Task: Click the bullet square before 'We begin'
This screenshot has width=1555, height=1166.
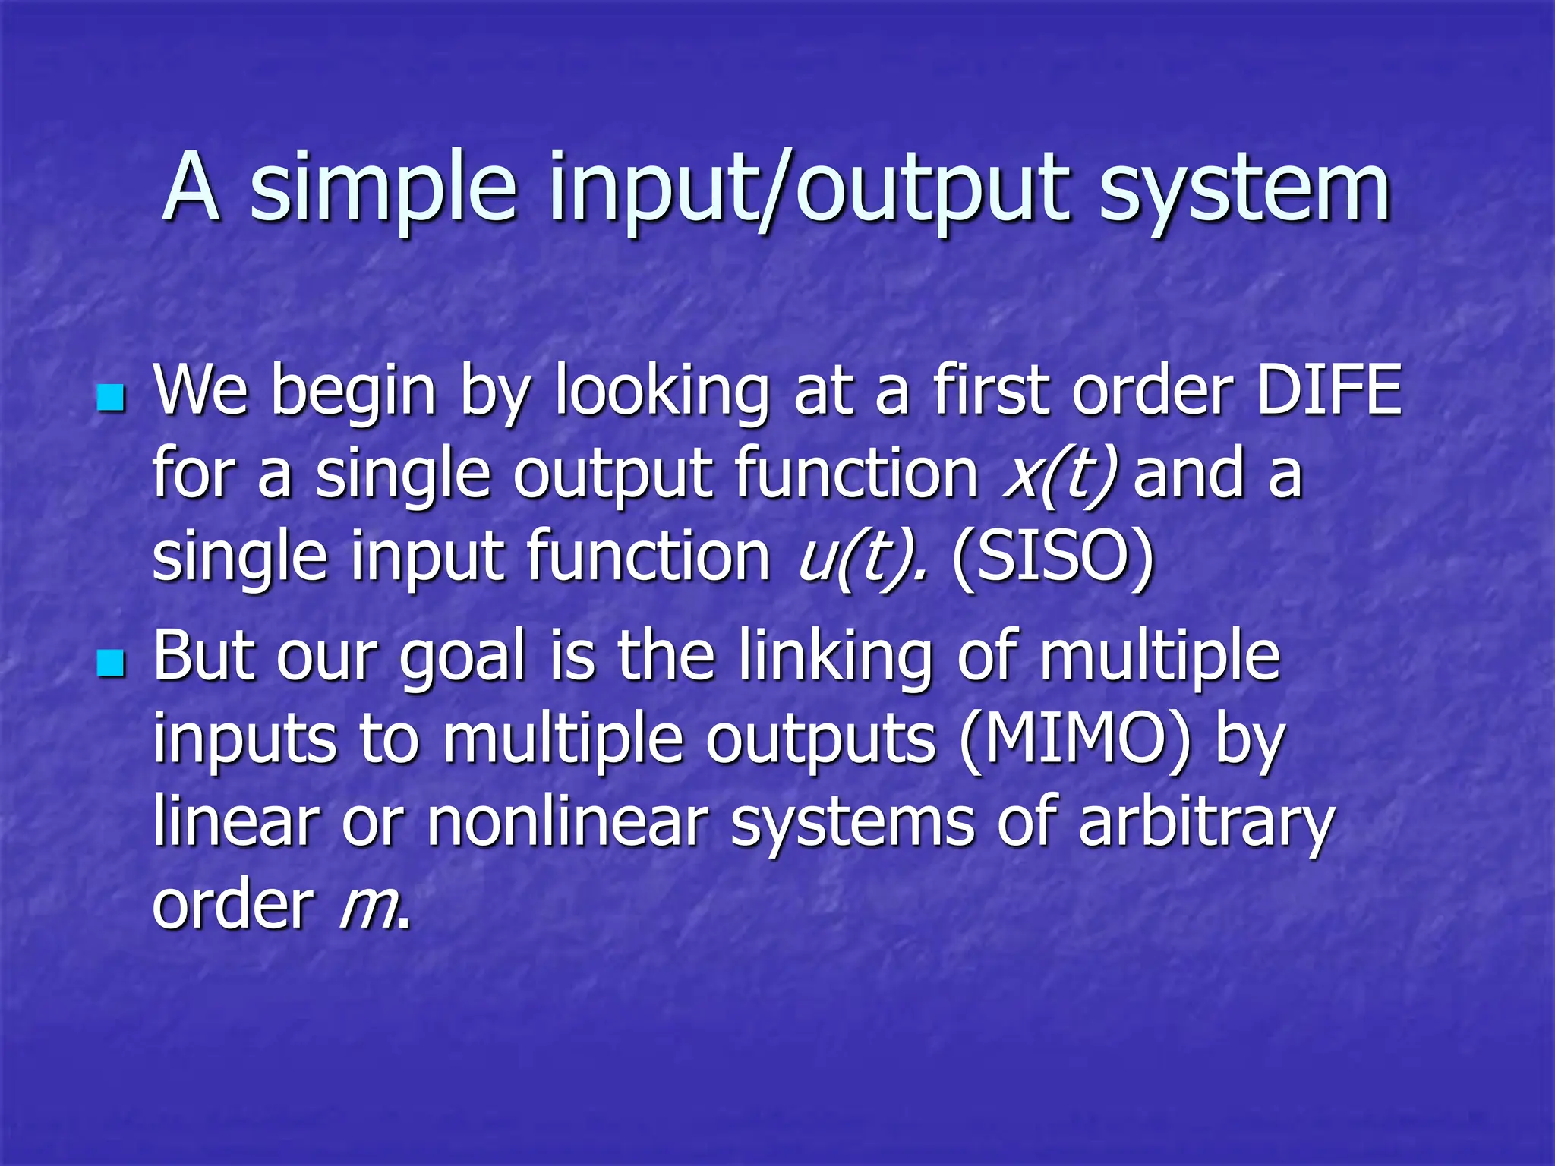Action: pyautogui.click(x=111, y=397)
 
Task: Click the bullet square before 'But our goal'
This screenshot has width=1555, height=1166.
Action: pyautogui.click(x=111, y=663)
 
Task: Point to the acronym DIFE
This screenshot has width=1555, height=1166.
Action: pyautogui.click(x=1328, y=390)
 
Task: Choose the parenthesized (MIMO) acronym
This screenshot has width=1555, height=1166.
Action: pyautogui.click(x=1075, y=739)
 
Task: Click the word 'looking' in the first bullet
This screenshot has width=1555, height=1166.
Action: pyautogui.click(x=661, y=392)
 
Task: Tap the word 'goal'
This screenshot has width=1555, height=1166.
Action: pyautogui.click(x=462, y=657)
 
